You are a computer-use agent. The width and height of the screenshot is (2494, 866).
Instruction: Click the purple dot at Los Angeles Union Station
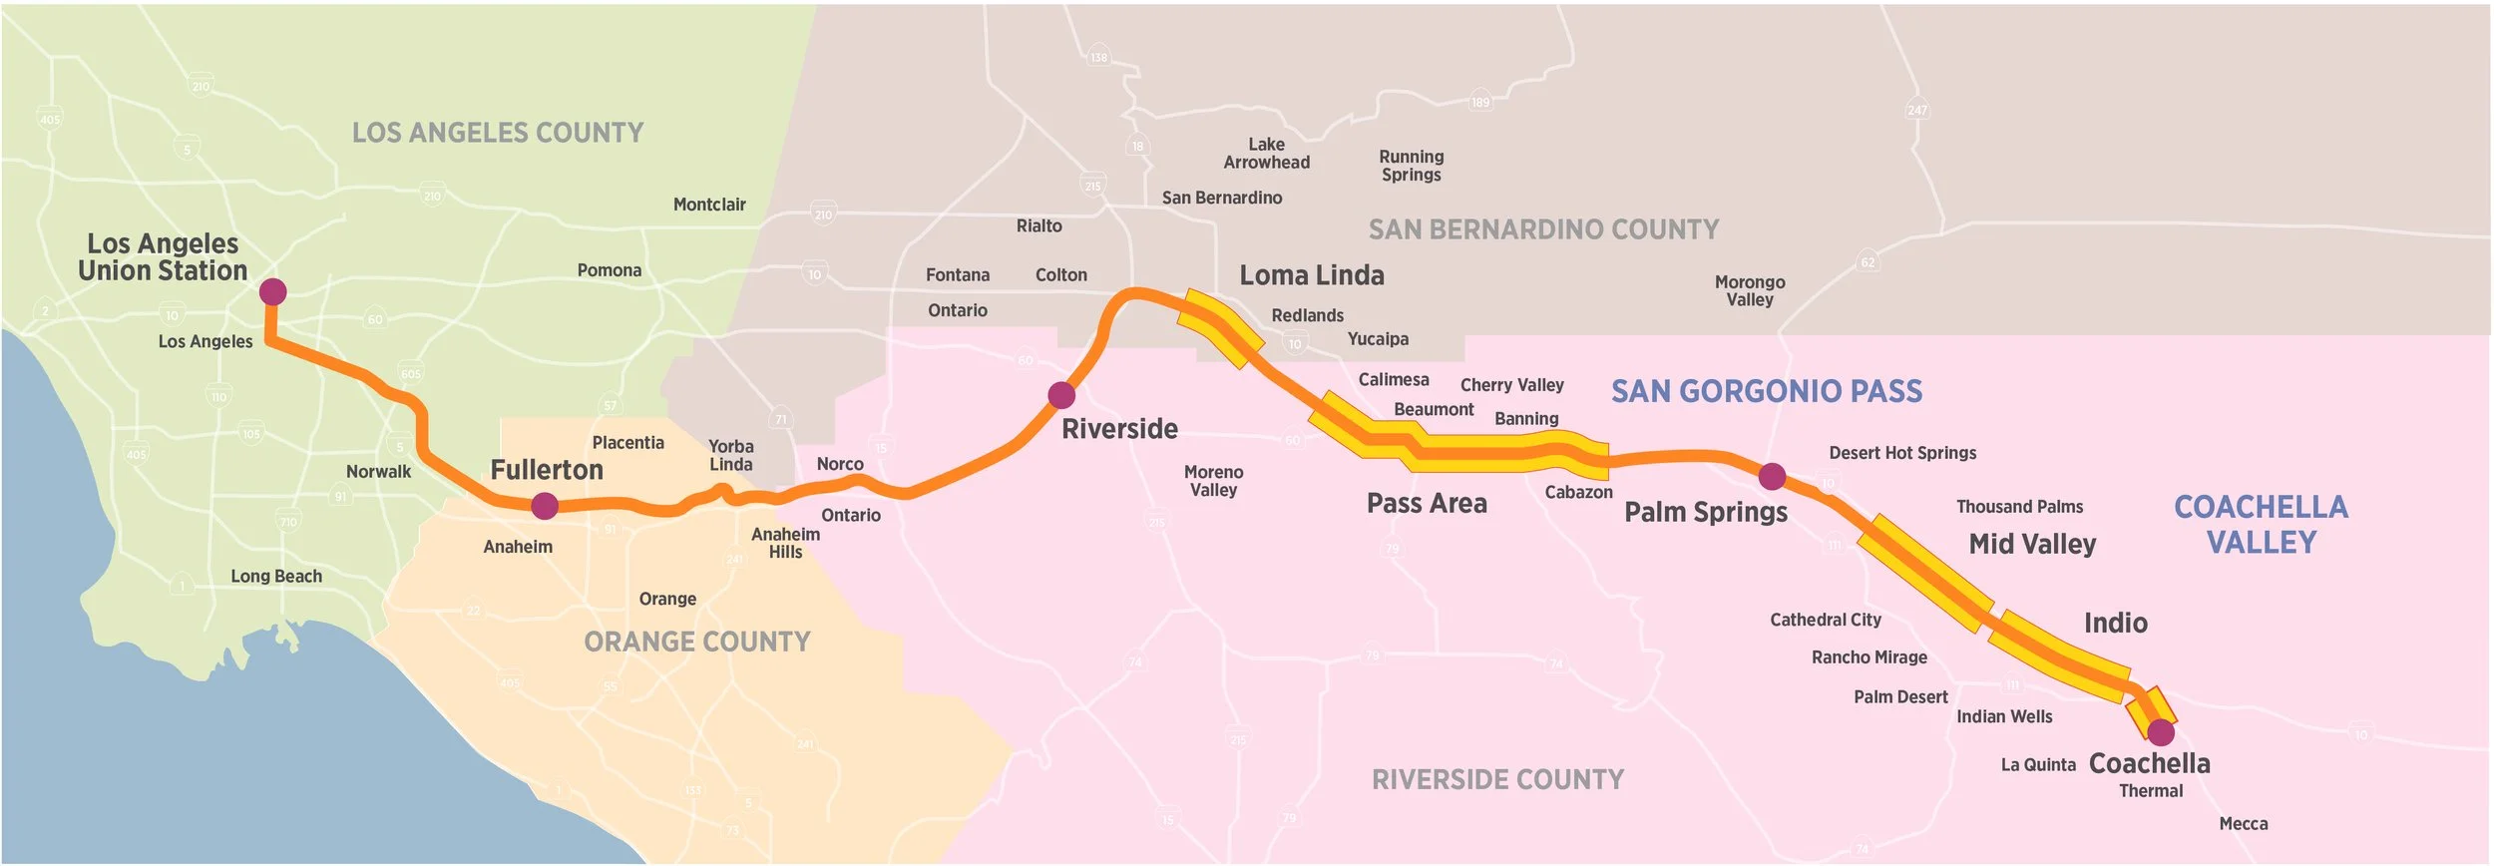pos(272,291)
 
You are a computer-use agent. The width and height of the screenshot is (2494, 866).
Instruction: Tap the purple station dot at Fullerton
pos(545,506)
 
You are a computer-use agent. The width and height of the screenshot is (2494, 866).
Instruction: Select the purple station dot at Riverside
pos(1061,395)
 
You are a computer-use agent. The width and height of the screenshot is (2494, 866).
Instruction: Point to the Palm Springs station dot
pos(1772,476)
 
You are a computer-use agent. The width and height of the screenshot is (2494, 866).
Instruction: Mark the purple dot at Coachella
pos(2161,732)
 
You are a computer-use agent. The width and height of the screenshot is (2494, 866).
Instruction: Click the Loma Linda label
pos(1312,275)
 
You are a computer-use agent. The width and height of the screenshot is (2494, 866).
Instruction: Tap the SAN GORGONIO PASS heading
pos(1767,391)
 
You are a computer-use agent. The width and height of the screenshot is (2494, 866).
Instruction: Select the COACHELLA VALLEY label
pos(2261,525)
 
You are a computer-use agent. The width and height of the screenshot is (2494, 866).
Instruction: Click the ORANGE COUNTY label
pos(697,642)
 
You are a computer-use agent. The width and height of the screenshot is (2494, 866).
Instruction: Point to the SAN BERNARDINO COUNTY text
pos(1543,229)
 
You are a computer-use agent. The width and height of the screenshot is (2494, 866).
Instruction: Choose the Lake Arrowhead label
pos(1266,154)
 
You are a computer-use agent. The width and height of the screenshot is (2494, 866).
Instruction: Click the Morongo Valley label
pos(1750,290)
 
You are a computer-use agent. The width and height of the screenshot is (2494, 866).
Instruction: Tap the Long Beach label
pos(276,576)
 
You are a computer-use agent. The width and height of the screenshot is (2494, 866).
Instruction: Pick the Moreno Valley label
pos(1213,481)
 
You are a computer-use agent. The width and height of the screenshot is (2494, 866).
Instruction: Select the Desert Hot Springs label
pos(1902,453)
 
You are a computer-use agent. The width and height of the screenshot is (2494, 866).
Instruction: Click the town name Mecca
pos(2244,823)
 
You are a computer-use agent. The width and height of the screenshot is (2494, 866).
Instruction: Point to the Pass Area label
pos(1427,504)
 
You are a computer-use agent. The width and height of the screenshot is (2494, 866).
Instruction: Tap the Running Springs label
pos(1411,166)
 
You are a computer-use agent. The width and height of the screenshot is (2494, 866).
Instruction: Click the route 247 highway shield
pos(1916,111)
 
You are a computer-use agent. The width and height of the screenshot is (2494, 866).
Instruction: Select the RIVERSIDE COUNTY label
pos(1497,779)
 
